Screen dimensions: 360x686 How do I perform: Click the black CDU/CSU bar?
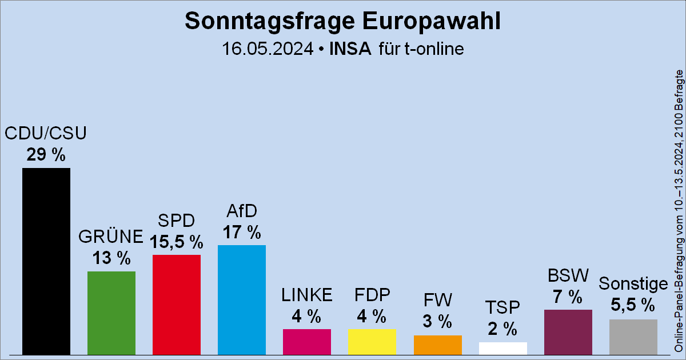46,261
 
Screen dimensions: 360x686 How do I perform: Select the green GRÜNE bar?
111,313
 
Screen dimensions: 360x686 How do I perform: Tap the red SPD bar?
177,305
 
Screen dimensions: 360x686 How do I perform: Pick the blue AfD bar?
242,300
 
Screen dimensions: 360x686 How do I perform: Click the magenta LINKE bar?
307,342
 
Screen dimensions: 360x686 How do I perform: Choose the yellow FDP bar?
372,342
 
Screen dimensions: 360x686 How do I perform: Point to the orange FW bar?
437,345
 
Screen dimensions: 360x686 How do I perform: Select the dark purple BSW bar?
568,332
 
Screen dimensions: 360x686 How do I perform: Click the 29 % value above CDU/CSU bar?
46,154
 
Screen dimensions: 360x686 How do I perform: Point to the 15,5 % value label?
177,242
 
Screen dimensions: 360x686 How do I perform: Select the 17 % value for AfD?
242,233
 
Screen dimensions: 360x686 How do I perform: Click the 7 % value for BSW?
568,297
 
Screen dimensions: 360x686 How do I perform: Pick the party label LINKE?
307,295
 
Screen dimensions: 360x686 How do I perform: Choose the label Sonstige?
633,284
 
